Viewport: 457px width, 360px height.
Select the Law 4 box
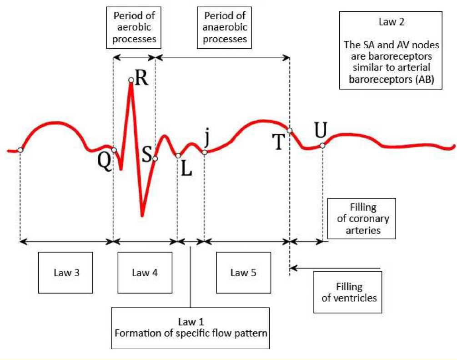pyautogui.click(x=145, y=273)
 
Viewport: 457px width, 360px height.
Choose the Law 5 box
pyautogui.click(x=243, y=273)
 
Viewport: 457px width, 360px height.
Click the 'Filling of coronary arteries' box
pyautogui.click(x=362, y=218)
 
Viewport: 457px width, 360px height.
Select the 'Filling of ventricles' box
pyautogui.click(x=349, y=292)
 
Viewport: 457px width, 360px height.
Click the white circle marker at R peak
pyautogui.click(x=131, y=81)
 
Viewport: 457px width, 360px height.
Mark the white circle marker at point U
pyautogui.click(x=322, y=146)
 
